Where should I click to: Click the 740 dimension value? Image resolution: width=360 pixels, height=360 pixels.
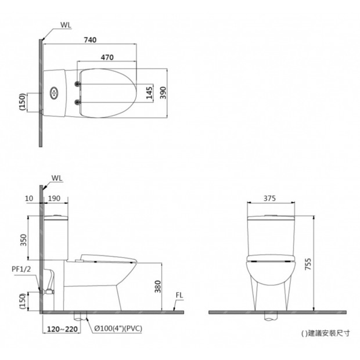tap(90, 40)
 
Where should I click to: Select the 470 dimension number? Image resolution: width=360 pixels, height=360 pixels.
tap(107, 57)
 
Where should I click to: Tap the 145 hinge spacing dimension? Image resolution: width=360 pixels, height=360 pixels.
tap(149, 93)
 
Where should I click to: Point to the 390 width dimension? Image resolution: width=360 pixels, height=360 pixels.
tap(163, 93)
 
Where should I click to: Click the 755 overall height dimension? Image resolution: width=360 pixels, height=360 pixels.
tap(308, 264)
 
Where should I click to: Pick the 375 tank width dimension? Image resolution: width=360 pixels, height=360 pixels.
tap(269, 199)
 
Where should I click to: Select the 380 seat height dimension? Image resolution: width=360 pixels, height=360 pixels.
tap(157, 286)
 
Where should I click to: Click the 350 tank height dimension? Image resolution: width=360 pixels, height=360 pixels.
tap(23, 240)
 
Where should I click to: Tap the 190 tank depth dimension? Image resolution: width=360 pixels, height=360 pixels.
tap(54, 199)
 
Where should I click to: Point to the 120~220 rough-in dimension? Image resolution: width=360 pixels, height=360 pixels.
tap(62, 329)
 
